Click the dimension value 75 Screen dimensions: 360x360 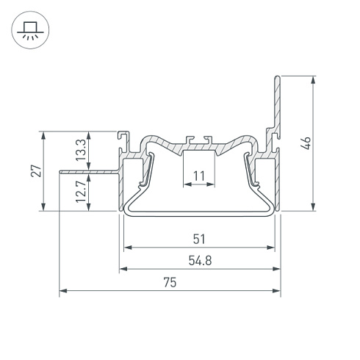(170, 282)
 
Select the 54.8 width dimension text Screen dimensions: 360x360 (200, 261)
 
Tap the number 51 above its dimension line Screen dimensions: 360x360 (199, 239)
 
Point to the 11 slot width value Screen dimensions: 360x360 (198, 176)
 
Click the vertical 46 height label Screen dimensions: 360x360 (306, 143)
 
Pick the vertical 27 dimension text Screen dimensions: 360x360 (36, 171)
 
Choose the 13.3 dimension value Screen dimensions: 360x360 (81, 150)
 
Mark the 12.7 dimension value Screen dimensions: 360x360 (81, 192)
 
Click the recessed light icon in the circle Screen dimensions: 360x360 (30, 30)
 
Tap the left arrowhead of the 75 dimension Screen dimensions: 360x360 (63, 291)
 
